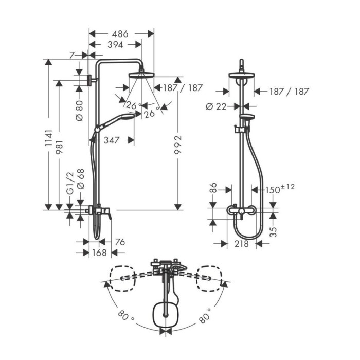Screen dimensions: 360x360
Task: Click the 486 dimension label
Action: (120, 34)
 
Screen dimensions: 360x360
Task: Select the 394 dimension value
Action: (116, 45)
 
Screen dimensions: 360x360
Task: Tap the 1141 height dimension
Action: (48, 138)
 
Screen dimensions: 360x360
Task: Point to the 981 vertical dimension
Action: (59, 148)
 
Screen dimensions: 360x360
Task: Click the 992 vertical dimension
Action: (178, 145)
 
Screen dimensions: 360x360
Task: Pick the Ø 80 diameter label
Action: (79, 111)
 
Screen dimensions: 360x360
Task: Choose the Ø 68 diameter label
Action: (81, 179)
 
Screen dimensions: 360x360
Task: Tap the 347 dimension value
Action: (112, 140)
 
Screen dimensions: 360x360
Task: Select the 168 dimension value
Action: (99, 253)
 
